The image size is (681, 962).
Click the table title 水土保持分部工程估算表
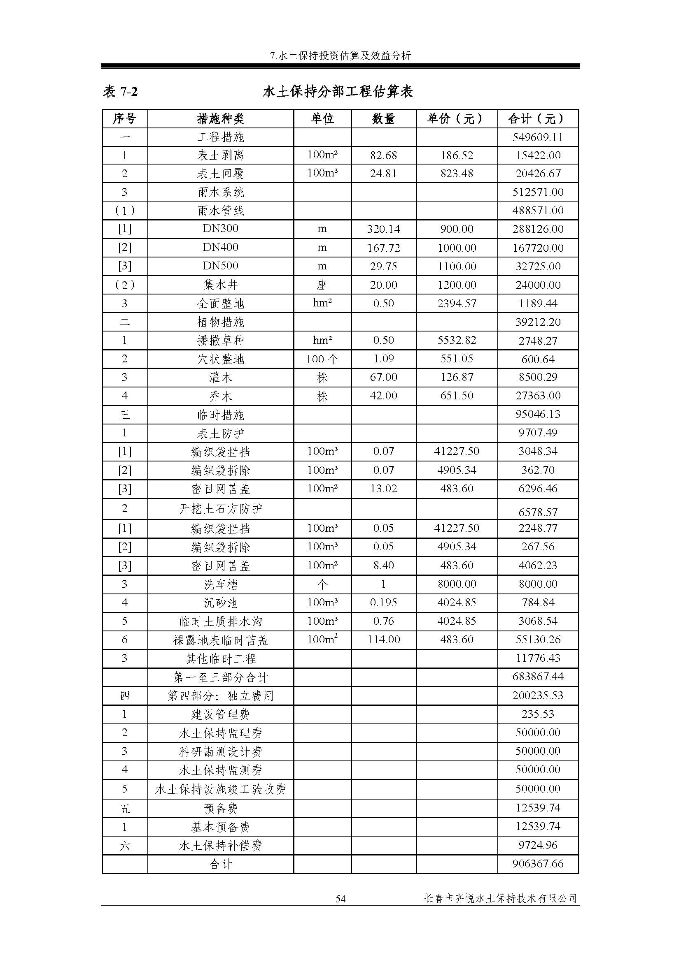click(338, 91)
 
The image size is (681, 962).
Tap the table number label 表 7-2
click(120, 91)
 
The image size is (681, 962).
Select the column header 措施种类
click(220, 119)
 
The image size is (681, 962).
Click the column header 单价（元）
click(456, 119)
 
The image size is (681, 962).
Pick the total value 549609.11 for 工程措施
click(538, 137)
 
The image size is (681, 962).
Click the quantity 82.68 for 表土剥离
click(383, 155)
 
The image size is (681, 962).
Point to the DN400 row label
click(220, 247)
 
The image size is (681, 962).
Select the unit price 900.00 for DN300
click(456, 229)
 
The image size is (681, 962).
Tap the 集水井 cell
click(220, 285)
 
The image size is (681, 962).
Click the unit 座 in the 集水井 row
click(322, 285)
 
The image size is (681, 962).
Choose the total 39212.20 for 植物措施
click(538, 322)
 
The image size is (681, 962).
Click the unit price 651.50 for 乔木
click(456, 396)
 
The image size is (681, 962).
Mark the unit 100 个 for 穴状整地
click(322, 359)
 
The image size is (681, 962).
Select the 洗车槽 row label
click(220, 584)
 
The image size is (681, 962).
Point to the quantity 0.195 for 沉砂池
click(383, 603)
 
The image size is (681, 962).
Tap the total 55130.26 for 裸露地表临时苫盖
click(538, 640)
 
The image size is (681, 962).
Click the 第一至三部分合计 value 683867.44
click(538, 676)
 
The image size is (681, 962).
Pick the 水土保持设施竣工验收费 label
click(220, 789)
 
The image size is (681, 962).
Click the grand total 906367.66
click(538, 864)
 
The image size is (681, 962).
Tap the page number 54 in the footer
click(340, 898)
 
